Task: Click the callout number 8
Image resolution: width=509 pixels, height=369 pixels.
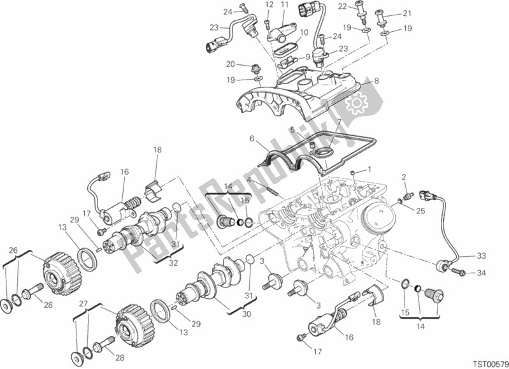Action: coord(376,80)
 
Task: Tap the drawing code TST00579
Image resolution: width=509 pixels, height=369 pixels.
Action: coord(490,363)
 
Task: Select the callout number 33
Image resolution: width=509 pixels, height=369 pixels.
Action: coord(481,256)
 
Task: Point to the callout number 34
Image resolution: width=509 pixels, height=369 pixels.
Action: coord(481,273)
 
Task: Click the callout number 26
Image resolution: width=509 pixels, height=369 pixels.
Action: coord(13,250)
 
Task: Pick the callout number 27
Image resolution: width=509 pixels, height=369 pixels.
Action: coord(83,304)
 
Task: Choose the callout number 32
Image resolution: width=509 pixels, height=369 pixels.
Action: coord(173,263)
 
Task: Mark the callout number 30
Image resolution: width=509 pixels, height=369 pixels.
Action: coord(247,314)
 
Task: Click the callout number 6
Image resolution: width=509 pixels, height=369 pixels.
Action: coord(252,139)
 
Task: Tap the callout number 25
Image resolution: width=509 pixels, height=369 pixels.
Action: coord(420,211)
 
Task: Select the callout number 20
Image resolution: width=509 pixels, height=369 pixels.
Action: coord(231,64)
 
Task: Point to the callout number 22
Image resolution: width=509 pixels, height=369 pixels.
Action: coord(343,6)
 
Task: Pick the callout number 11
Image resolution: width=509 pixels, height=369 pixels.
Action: coord(285,4)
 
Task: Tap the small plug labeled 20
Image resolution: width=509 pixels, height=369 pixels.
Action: coord(255,69)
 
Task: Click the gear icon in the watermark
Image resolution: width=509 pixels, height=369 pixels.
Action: coord(356,103)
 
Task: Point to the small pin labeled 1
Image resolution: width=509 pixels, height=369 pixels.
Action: coord(353,172)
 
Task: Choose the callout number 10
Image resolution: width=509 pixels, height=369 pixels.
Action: coord(304,33)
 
